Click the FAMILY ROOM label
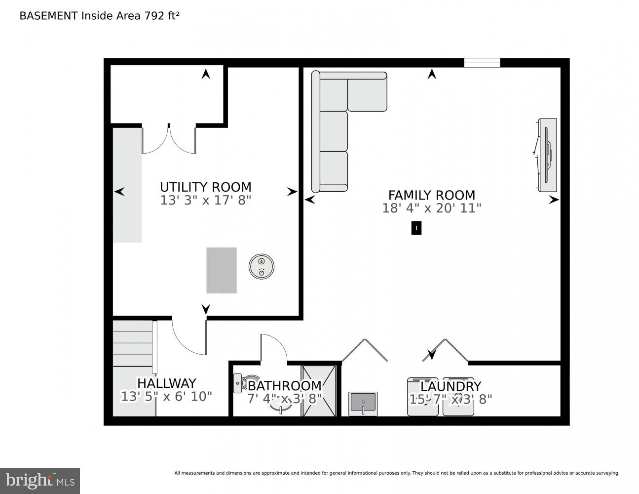pos(431,195)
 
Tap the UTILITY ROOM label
pos(205,187)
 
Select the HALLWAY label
pos(166,383)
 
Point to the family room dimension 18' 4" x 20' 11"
pos(431,208)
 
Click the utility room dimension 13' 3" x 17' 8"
pos(205,201)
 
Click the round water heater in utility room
pos(262,267)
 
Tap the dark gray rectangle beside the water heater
pos(221,270)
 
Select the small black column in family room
pos(416,228)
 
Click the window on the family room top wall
pos(482,63)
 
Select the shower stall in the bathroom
pos(319,390)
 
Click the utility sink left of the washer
pos(363,404)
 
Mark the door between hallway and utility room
pos(190,337)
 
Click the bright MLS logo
pos(40,480)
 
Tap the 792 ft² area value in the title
pos(161,15)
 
